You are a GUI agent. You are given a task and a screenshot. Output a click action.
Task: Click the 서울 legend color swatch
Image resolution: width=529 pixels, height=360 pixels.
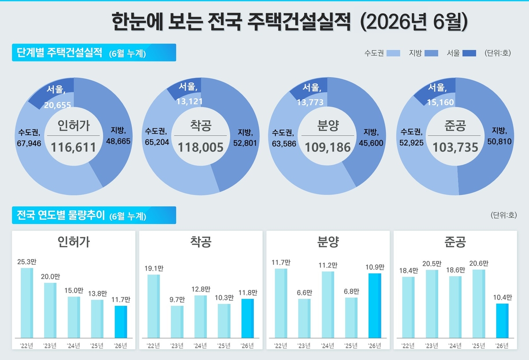[x=469, y=53]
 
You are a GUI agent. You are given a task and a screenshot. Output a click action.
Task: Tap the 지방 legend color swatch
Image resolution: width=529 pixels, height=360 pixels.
[x=431, y=53]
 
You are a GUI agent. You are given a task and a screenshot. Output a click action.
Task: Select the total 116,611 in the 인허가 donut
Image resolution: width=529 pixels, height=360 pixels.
[x=74, y=147]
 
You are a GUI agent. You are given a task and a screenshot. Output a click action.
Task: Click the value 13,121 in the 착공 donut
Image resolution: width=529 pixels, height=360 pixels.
[x=190, y=101]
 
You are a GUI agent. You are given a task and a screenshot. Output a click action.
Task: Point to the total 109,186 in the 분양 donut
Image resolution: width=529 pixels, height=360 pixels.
[x=328, y=147]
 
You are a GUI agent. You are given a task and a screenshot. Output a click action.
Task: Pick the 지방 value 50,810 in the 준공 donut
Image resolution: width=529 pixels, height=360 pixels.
[x=499, y=141]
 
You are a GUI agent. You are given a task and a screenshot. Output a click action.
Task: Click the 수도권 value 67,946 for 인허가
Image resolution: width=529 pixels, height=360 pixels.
[x=29, y=143]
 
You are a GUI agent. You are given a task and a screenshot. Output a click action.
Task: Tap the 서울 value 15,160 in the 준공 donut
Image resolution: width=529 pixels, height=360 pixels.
[x=440, y=102]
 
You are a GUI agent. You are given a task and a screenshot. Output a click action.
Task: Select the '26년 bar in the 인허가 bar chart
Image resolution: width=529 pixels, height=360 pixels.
[x=121, y=322]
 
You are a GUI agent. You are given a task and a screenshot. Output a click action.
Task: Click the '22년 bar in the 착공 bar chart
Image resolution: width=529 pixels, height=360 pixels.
[x=153, y=306]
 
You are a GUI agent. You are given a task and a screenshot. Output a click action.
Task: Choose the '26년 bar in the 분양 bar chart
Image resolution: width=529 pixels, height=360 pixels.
[x=375, y=306]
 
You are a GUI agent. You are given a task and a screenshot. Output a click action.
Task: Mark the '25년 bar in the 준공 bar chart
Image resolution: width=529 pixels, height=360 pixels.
[x=479, y=304]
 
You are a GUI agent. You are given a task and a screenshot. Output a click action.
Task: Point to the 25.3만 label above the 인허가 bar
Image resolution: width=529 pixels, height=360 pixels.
[x=27, y=262]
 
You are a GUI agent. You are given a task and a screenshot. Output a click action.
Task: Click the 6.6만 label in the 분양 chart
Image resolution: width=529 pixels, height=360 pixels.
[x=305, y=293]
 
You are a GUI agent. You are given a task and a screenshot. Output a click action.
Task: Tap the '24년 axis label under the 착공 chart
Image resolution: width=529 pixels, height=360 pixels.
[x=200, y=346]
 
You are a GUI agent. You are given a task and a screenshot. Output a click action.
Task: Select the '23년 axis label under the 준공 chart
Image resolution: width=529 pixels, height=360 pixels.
[x=432, y=346]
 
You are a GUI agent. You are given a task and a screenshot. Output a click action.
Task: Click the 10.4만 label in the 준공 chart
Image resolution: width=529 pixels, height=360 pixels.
[x=502, y=297]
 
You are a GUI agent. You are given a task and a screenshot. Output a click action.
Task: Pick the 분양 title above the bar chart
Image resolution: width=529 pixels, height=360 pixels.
[x=328, y=242]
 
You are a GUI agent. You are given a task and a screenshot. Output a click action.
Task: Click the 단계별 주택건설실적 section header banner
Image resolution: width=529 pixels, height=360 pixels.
[x=94, y=52]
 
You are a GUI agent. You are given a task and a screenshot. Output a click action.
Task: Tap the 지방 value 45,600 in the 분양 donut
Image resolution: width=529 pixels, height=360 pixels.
[x=371, y=143]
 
